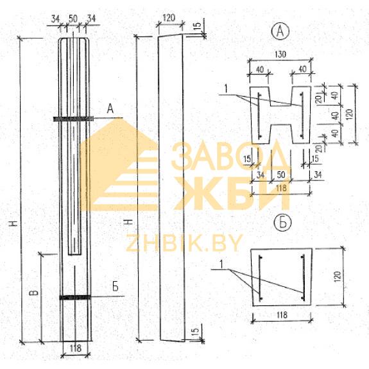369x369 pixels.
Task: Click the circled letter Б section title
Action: point(282,223)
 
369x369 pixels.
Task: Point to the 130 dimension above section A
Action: point(280,55)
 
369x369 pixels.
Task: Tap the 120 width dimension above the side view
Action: point(169,18)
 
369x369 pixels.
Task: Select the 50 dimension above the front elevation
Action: point(73,19)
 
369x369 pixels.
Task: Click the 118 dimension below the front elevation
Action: point(75,348)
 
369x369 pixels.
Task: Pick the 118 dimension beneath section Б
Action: point(282,315)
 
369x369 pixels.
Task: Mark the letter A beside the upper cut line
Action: point(110,109)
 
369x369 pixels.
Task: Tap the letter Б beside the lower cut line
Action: point(116,287)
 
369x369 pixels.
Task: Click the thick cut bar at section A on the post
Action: point(73,119)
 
